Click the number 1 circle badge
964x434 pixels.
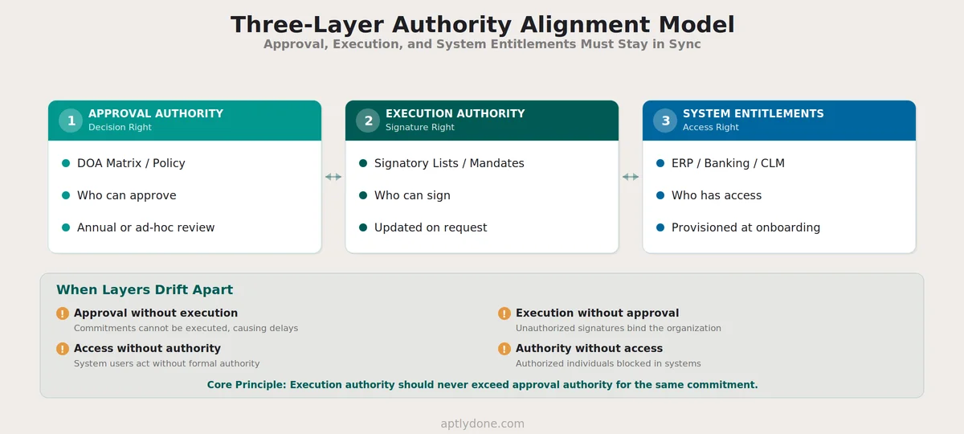click(71, 121)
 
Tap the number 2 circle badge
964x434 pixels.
click(368, 121)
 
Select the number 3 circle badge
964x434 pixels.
click(665, 121)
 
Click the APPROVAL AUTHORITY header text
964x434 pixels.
click(156, 113)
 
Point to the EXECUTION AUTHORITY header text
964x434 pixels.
click(455, 113)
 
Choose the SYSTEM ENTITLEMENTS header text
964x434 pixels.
click(753, 113)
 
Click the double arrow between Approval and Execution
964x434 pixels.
click(333, 177)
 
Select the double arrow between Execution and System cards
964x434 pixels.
click(631, 177)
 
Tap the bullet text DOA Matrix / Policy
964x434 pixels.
click(131, 163)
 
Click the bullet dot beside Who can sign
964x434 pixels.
click(363, 195)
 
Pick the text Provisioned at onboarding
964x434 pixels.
click(745, 227)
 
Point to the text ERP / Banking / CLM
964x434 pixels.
click(728, 163)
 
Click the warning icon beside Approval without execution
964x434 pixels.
click(63, 313)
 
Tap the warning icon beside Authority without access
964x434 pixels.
click(504, 349)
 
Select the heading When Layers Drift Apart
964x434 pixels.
click(145, 290)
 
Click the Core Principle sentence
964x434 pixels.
click(482, 385)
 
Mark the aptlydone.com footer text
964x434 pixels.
click(482, 424)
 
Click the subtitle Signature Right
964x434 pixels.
click(420, 127)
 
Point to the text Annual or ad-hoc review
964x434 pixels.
click(145, 227)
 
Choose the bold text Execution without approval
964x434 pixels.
click(597, 313)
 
